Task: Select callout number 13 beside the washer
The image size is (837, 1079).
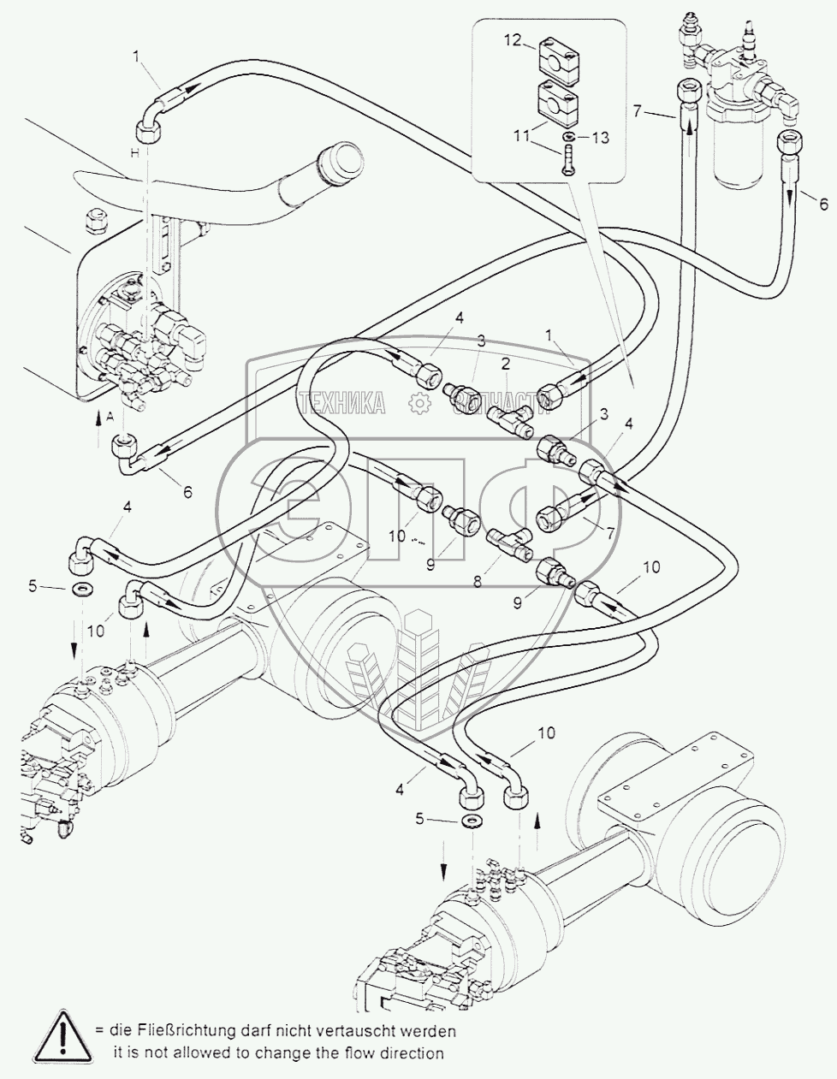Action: click(600, 138)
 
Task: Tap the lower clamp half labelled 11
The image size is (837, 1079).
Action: click(557, 102)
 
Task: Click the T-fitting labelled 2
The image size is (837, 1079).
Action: click(511, 418)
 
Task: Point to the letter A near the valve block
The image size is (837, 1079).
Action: click(110, 417)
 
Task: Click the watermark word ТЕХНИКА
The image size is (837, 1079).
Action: click(341, 402)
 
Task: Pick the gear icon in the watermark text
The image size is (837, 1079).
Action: click(418, 402)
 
